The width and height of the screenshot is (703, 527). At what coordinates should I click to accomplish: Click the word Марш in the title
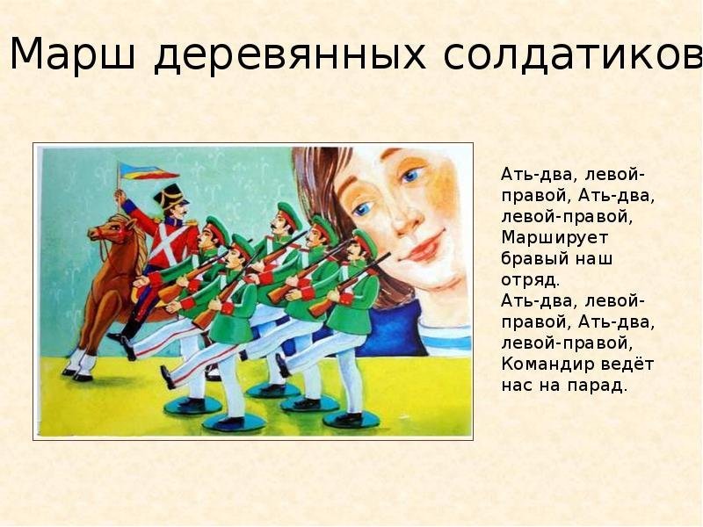(x=72, y=54)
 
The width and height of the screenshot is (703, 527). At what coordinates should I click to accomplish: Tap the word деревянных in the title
(x=289, y=56)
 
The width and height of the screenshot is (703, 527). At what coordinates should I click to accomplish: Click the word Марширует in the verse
(x=554, y=238)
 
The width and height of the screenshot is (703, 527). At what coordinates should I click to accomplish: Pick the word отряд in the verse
(x=530, y=280)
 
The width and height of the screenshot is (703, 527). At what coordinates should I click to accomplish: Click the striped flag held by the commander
(x=148, y=171)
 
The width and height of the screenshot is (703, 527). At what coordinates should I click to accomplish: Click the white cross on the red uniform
(x=171, y=245)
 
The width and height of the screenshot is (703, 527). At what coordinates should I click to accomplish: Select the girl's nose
(x=407, y=215)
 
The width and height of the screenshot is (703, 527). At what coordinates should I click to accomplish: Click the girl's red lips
(x=422, y=248)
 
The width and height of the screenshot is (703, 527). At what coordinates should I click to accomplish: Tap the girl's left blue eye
(x=411, y=175)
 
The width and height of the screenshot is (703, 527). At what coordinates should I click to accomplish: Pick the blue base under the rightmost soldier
(x=346, y=420)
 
